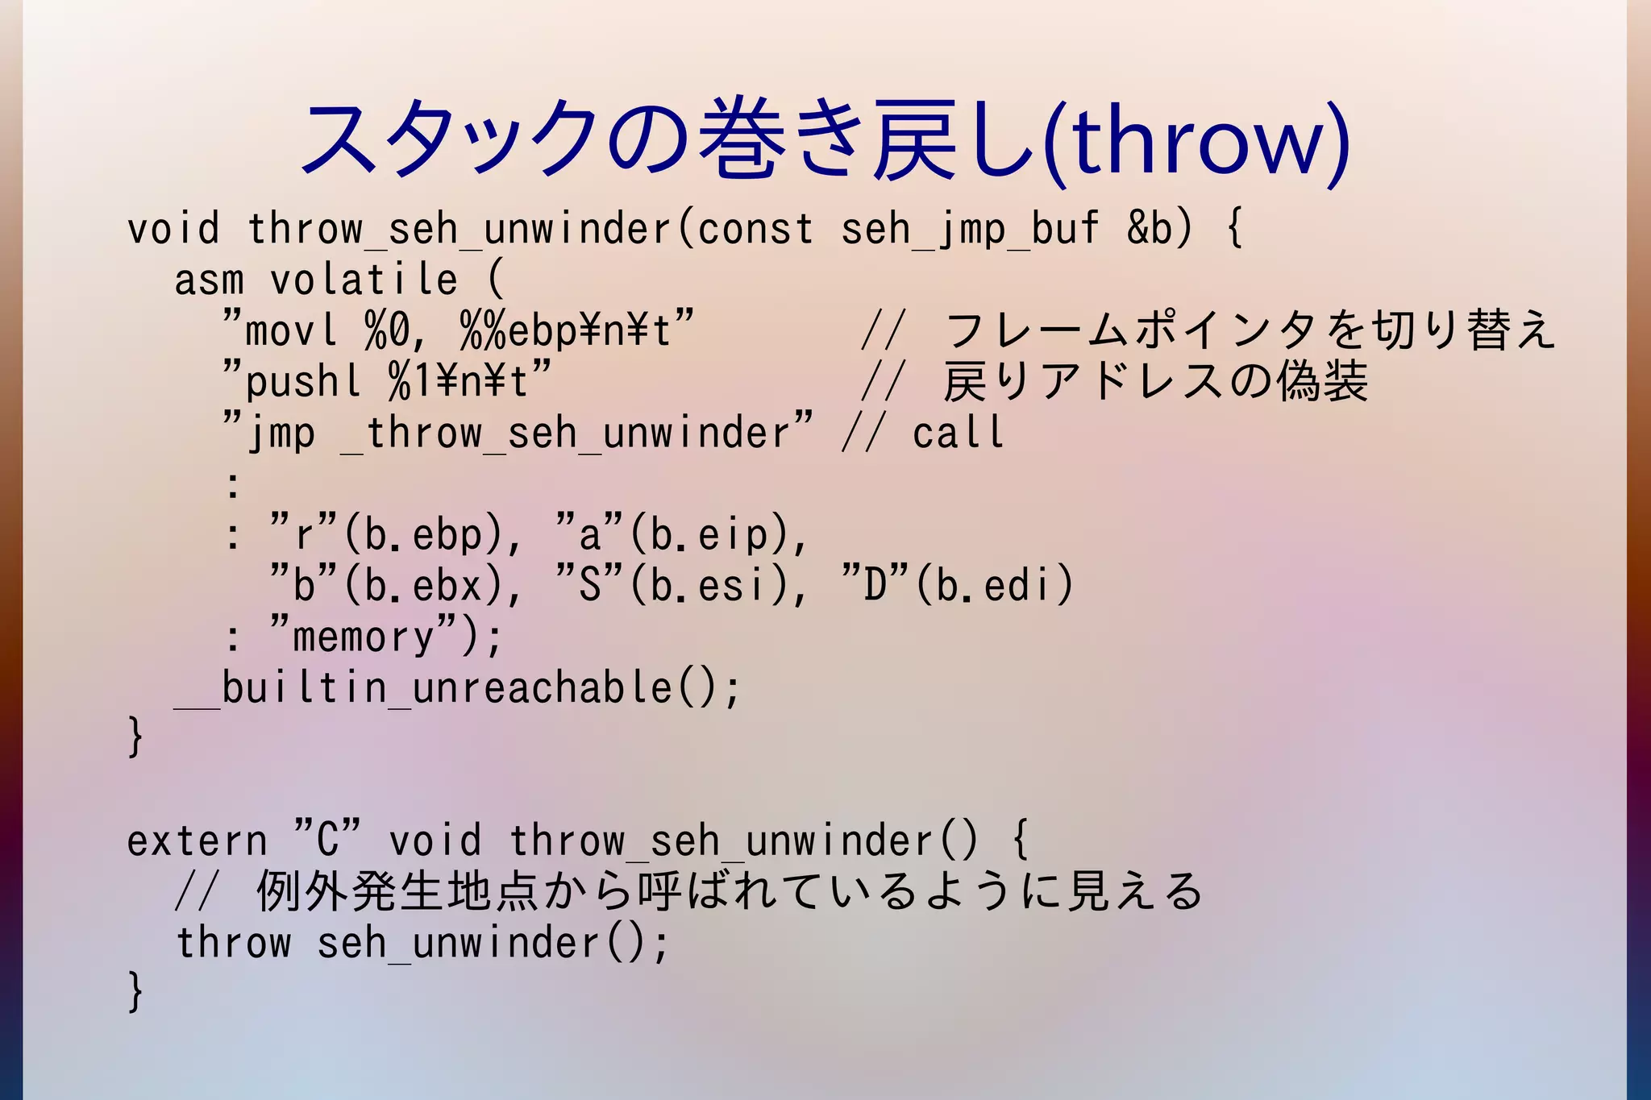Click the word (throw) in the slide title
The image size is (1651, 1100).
(1196, 141)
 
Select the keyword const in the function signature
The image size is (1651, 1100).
(755, 229)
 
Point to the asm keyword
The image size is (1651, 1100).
(209, 280)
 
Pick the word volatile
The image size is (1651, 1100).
(364, 280)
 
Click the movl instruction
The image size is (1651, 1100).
(291, 331)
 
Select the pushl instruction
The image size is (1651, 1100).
(303, 382)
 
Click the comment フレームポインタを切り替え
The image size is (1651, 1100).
(1249, 331)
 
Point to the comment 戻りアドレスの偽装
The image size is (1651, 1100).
(1155, 382)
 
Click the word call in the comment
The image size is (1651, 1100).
(959, 434)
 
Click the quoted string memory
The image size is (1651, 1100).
(364, 637)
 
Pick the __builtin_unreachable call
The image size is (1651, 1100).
(456, 688)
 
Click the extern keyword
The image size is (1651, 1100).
(198, 841)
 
